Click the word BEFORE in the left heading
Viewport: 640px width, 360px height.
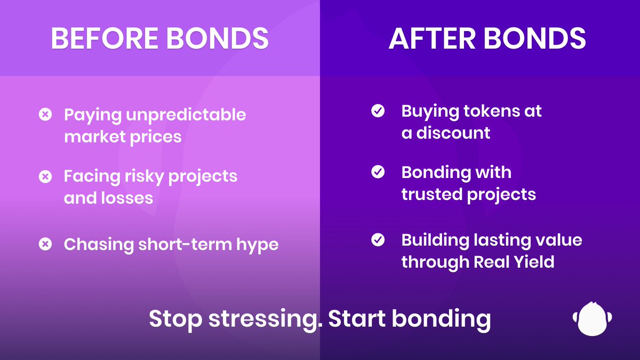pos(105,38)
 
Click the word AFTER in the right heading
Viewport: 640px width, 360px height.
pos(432,38)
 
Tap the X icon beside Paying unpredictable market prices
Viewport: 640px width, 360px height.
pos(45,114)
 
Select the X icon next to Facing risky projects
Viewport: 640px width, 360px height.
pos(45,177)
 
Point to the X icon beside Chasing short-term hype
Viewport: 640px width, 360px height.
pos(45,244)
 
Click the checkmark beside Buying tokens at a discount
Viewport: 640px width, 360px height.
pos(378,110)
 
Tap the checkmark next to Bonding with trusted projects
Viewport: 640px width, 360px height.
pos(378,172)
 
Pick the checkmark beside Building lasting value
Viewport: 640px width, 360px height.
pos(378,239)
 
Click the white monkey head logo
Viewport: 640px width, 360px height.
pos(593,318)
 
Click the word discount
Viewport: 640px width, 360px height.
pos(453,133)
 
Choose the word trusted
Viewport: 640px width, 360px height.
pos(432,194)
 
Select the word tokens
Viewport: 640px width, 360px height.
pos(491,111)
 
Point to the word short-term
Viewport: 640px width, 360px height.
pos(185,245)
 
